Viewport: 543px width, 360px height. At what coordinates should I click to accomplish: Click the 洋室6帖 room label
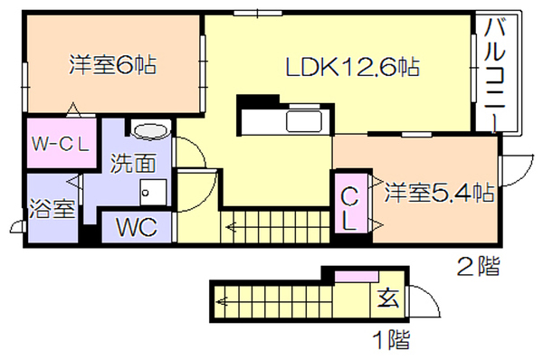112,64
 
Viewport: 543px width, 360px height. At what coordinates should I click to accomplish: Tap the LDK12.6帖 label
353,66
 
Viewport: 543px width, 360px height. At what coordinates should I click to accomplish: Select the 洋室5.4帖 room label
439,193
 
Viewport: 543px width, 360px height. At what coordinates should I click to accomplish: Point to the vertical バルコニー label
495,75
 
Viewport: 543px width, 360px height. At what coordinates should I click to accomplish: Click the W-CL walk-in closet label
61,144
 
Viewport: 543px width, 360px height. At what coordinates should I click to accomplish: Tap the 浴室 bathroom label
52,208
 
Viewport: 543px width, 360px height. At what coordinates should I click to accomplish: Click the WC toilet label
137,227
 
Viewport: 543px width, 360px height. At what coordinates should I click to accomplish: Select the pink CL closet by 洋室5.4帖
350,204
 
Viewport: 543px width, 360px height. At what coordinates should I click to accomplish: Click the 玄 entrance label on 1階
388,298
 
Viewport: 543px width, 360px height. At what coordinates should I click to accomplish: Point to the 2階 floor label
478,266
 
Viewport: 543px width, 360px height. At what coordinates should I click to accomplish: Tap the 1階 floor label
392,339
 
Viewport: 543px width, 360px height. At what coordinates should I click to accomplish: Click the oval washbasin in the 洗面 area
152,131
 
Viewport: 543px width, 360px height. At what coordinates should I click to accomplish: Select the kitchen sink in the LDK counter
304,121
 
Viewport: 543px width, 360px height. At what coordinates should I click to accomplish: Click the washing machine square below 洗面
153,192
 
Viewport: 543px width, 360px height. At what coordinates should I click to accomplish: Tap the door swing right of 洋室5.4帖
517,171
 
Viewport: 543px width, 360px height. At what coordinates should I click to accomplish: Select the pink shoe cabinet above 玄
357,277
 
